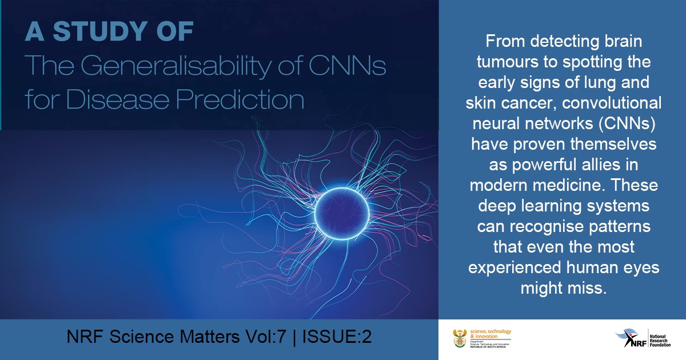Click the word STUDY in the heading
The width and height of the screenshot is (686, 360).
coord(121,32)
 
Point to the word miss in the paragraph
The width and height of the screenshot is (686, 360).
coord(589,289)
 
